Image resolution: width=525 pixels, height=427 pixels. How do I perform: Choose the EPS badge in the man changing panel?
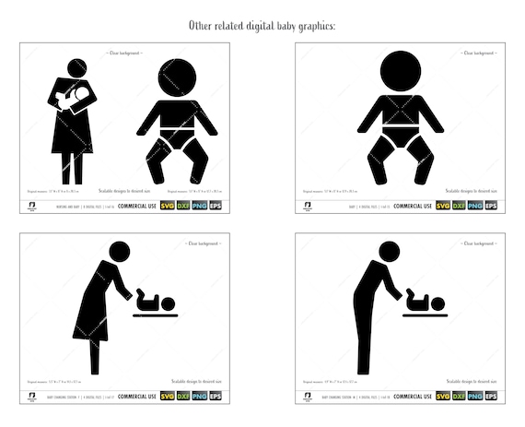tap(493, 397)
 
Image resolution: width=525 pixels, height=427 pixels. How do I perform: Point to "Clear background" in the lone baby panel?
tap(475, 53)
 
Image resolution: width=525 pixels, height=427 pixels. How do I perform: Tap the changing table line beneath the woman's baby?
tap(156, 315)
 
